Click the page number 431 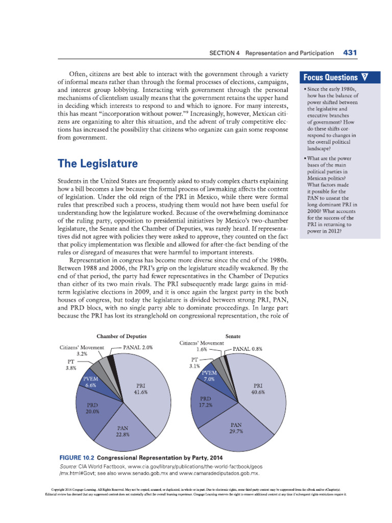point(352,53)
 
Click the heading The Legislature point(97,164)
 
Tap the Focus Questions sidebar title point(331,78)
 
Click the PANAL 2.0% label point(138,347)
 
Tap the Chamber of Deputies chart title point(122,336)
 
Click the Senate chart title point(233,336)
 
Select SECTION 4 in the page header point(225,53)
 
